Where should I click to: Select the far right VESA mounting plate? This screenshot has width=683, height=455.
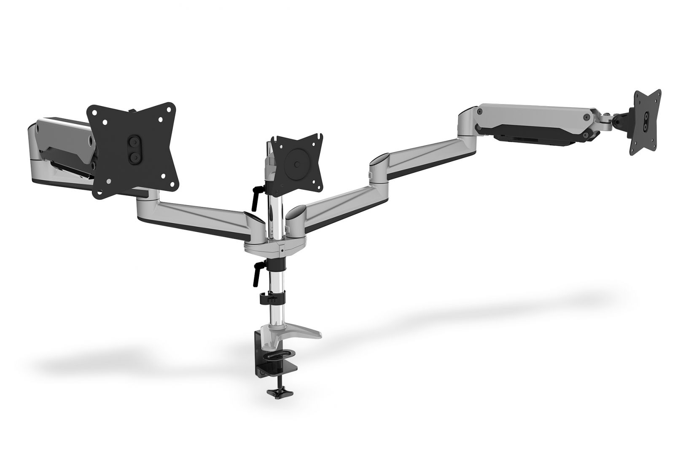click(x=645, y=122)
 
